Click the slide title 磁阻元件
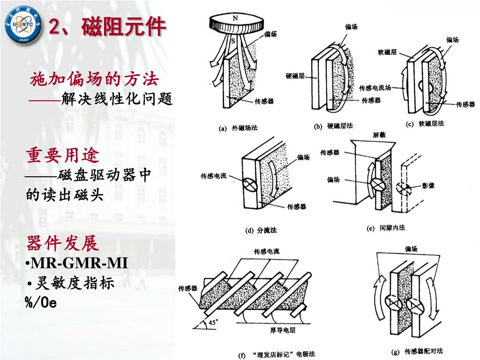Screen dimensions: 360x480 [x=107, y=27]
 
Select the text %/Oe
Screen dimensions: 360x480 [x=41, y=302]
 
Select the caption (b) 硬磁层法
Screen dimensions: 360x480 [x=333, y=126]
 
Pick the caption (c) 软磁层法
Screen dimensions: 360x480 [x=425, y=124]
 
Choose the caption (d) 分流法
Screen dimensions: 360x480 [x=261, y=230]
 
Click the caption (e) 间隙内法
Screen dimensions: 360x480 [x=385, y=228]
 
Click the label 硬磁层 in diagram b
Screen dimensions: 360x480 [x=295, y=75]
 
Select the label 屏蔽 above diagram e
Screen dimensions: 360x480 [x=380, y=135]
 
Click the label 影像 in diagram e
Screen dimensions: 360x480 [x=428, y=186]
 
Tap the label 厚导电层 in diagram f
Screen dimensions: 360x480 [x=283, y=330]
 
